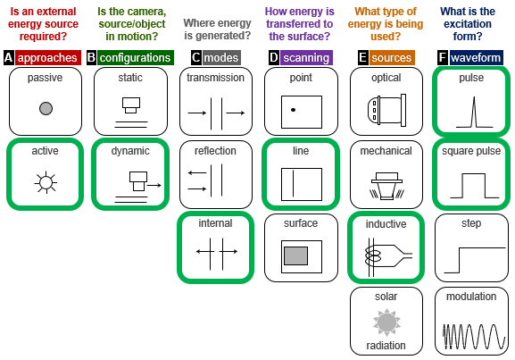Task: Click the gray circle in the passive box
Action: [x=46, y=108]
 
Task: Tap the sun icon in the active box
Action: [x=46, y=182]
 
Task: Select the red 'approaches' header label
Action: [x=47, y=58]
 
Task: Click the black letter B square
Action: [x=91, y=58]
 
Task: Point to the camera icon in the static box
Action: [x=131, y=105]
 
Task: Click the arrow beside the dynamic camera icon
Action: [x=154, y=186]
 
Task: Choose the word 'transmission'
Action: [x=215, y=78]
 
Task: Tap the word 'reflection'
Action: [x=215, y=151]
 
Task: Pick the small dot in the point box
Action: [x=293, y=110]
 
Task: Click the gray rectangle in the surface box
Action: [x=296, y=256]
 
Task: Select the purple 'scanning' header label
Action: [x=306, y=58]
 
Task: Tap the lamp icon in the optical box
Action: [x=386, y=110]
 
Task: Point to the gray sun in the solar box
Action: [x=386, y=322]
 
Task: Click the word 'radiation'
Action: [x=386, y=346]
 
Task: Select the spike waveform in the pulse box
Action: [x=474, y=112]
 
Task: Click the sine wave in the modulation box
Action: [x=474, y=337]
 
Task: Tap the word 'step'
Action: [x=471, y=223]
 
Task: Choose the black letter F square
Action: [x=443, y=58]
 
